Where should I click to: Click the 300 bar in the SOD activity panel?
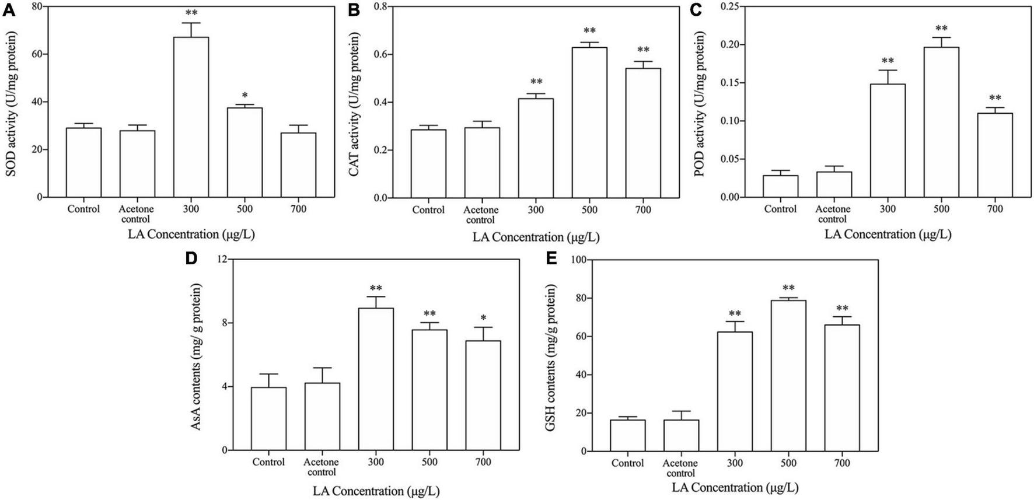click(191, 117)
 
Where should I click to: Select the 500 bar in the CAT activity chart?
click(589, 123)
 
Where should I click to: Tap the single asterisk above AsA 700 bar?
click(483, 318)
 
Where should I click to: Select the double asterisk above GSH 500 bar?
click(788, 288)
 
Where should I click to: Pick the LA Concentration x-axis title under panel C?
click(888, 235)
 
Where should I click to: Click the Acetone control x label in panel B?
click(481, 215)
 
